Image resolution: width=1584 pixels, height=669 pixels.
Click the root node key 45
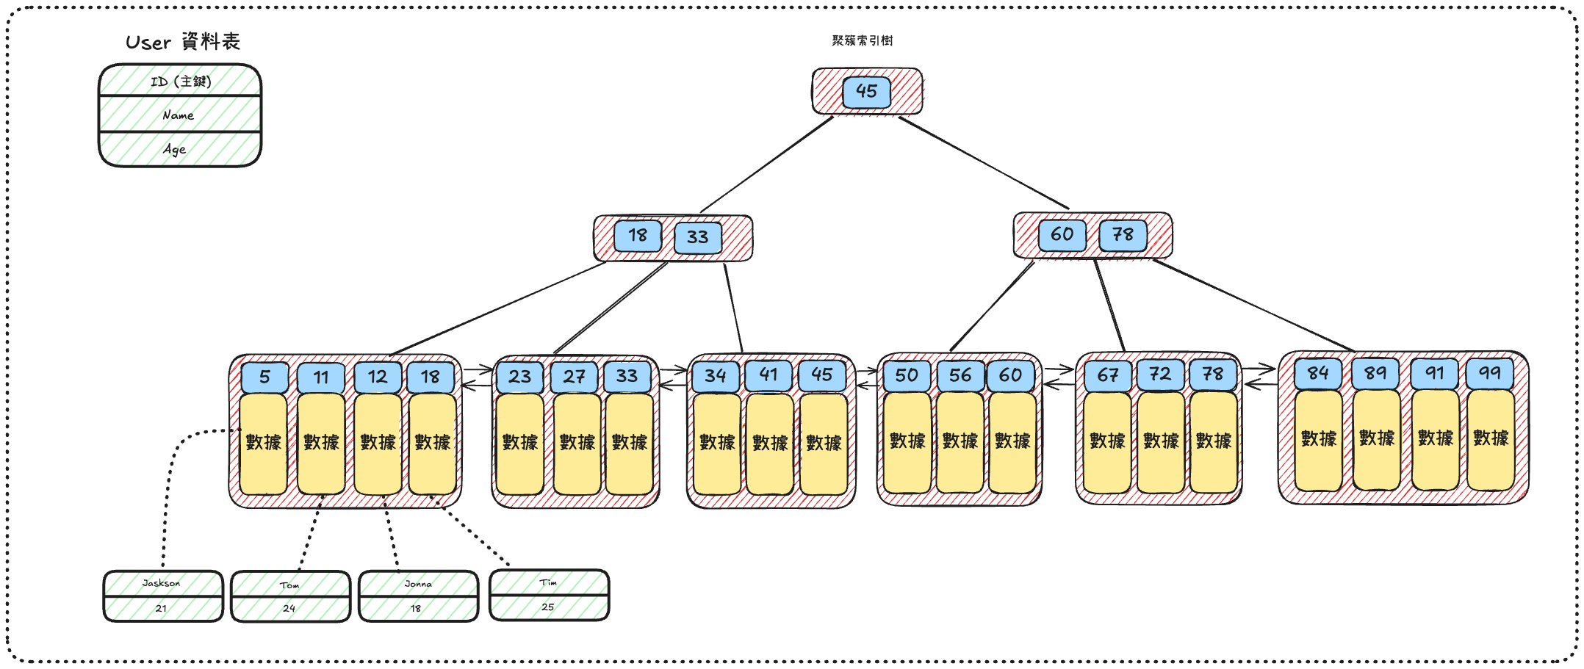(x=866, y=92)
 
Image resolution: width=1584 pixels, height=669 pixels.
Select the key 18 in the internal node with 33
(x=638, y=236)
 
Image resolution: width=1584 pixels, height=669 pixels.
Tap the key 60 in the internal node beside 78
(x=1062, y=235)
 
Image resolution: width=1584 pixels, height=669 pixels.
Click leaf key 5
(x=264, y=377)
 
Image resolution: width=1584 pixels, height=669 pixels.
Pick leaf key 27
(x=574, y=377)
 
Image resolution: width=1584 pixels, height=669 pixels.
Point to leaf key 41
(x=768, y=375)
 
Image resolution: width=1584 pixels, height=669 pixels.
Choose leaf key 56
(x=960, y=376)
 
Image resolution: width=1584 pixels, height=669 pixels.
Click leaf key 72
(x=1160, y=375)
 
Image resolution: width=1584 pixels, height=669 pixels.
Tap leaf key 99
(x=1490, y=373)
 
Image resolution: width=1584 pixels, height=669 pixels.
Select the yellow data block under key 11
(x=321, y=443)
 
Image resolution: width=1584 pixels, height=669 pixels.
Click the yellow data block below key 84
(x=1319, y=440)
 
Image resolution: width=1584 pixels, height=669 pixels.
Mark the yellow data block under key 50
(x=907, y=441)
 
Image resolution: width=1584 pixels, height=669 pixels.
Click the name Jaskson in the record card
(x=162, y=583)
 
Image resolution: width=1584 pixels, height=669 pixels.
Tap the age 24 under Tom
(x=289, y=609)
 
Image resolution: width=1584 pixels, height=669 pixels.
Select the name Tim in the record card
(x=549, y=582)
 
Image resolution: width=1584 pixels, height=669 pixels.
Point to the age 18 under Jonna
(x=417, y=609)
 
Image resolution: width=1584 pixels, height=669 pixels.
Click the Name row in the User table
(x=179, y=115)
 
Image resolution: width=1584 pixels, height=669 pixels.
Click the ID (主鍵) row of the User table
(x=181, y=82)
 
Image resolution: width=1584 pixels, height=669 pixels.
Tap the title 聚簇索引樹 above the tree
(x=863, y=40)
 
